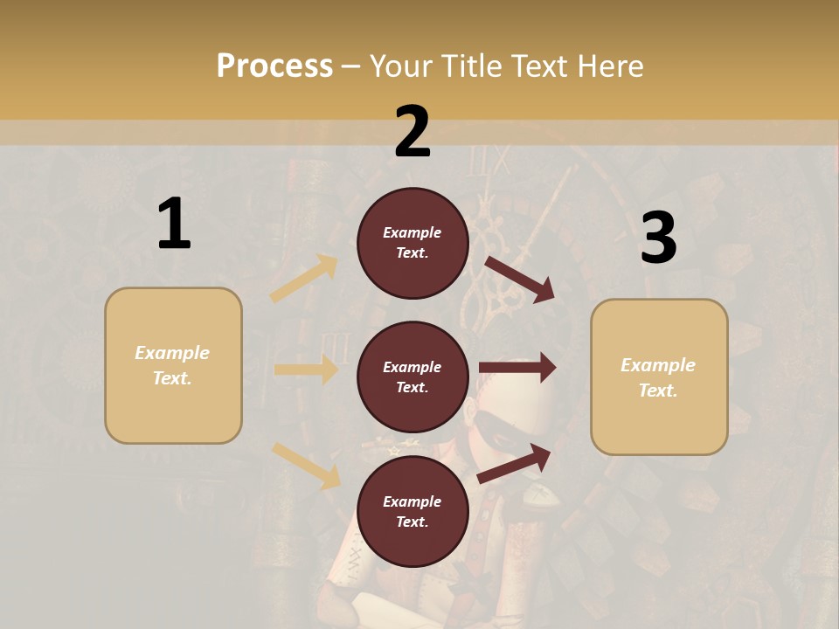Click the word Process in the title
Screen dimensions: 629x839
[274, 66]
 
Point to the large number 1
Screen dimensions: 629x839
[174, 225]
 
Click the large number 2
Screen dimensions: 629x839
[413, 132]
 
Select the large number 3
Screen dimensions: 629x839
[658, 238]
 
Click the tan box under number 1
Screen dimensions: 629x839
[173, 365]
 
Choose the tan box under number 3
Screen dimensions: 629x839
[659, 377]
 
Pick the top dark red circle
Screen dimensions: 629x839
[413, 243]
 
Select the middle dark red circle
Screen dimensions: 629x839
[413, 377]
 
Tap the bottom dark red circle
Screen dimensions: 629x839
[413, 511]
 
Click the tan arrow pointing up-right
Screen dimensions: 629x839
[304, 279]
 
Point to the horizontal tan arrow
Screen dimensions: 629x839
[306, 370]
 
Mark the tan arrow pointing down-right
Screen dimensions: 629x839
[306, 466]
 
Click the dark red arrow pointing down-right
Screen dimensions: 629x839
[520, 280]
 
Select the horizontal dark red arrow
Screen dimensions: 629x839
[517, 368]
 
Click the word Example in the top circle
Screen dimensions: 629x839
[413, 232]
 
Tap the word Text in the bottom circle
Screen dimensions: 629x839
[411, 522]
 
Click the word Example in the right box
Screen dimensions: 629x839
[658, 365]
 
